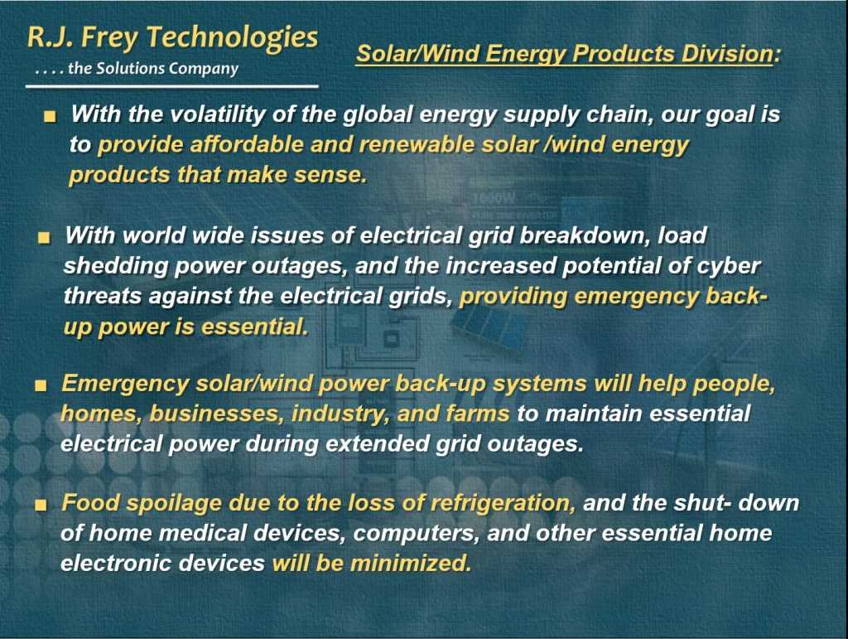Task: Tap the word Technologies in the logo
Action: click(x=232, y=39)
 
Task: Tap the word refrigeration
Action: click(x=503, y=503)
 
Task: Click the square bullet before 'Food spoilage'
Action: click(x=41, y=506)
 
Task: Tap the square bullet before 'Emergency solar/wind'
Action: click(x=41, y=385)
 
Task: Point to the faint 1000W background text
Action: click(x=494, y=199)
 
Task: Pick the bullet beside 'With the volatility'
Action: click(x=50, y=116)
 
